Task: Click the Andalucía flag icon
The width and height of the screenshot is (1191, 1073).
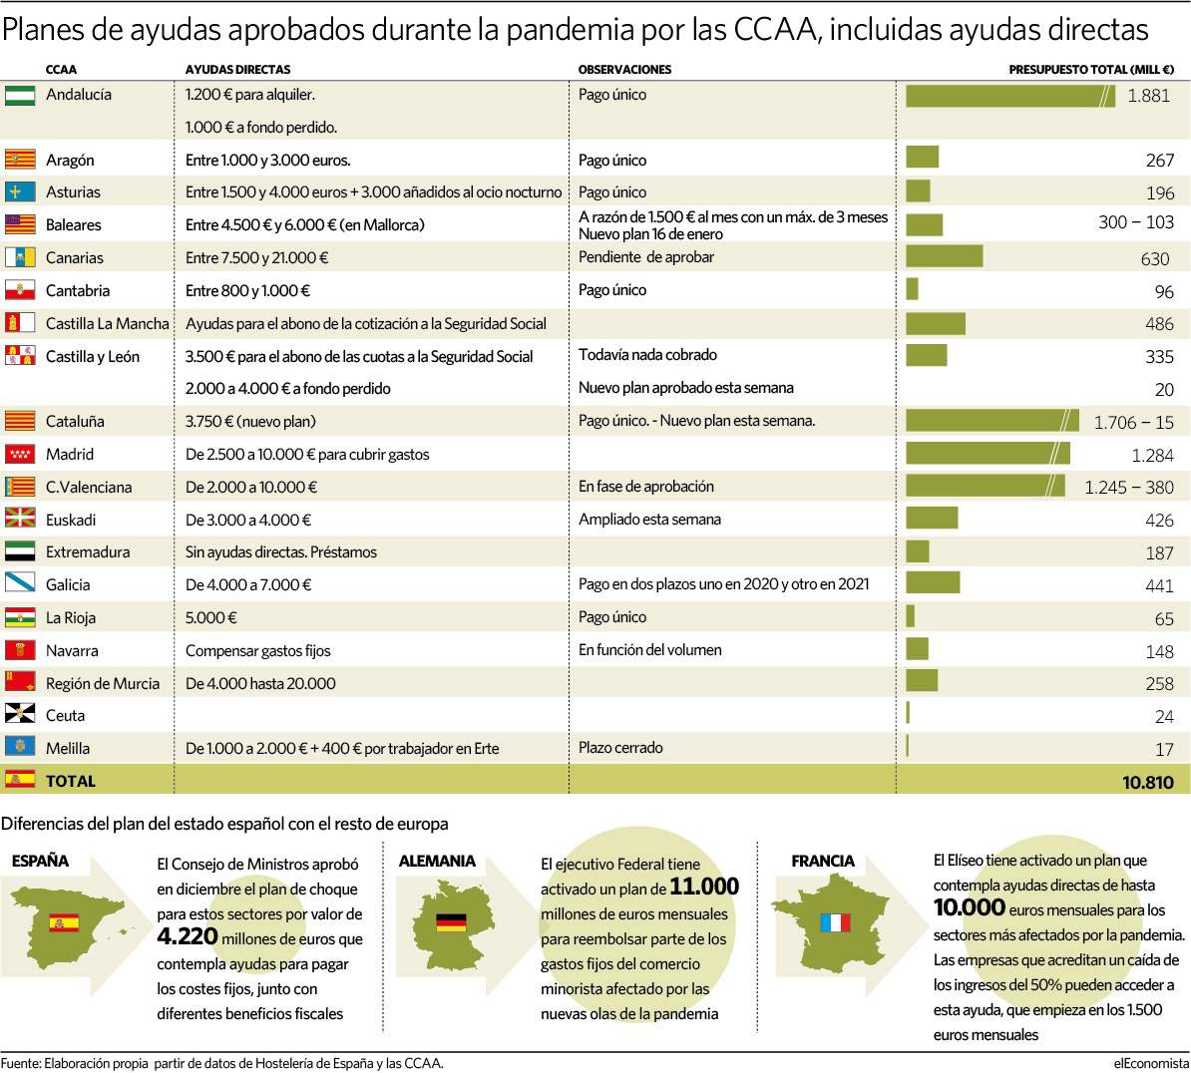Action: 20,95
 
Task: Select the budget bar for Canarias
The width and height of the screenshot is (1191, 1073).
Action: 945,256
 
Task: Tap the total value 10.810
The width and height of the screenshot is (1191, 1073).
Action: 1148,782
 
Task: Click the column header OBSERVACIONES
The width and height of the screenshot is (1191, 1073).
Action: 624,69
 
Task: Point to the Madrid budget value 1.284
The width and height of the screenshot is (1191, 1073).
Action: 1152,455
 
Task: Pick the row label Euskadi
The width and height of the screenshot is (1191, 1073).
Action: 71,520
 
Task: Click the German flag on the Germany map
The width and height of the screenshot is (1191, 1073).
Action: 451,921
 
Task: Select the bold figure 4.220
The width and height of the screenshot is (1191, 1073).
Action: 188,936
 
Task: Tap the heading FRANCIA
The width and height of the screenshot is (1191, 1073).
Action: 823,861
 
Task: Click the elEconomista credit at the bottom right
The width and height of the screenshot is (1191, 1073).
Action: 1151,1063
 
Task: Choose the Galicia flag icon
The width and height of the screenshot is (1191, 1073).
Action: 20,583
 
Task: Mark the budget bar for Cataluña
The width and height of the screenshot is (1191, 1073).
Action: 992,420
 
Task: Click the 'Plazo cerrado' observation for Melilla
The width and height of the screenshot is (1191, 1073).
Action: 619,747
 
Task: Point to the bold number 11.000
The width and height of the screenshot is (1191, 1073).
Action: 704,887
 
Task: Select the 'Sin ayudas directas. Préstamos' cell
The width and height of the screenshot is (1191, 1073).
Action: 281,552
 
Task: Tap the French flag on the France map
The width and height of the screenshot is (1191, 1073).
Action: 836,922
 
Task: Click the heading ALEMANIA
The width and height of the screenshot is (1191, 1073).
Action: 437,861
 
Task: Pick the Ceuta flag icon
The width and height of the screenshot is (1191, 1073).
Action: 20,714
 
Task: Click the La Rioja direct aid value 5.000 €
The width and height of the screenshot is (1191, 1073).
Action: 211,617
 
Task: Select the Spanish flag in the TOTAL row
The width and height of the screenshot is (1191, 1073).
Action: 20,779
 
